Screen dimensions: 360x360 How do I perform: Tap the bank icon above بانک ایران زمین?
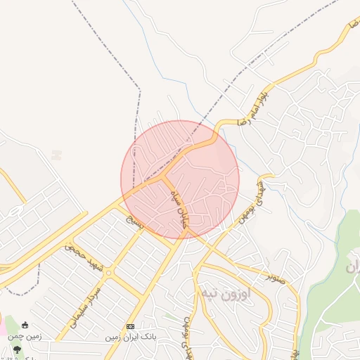pos(130,327)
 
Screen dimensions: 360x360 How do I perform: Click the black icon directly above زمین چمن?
pos(25,326)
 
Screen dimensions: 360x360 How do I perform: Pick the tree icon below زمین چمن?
pos(17,349)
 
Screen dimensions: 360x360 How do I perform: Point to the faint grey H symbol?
pos(57,154)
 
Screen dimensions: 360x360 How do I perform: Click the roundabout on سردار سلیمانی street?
pos(108,273)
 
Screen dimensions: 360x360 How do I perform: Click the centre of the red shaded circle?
pos(180,179)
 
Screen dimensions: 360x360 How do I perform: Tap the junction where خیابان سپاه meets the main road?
pos(164,177)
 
